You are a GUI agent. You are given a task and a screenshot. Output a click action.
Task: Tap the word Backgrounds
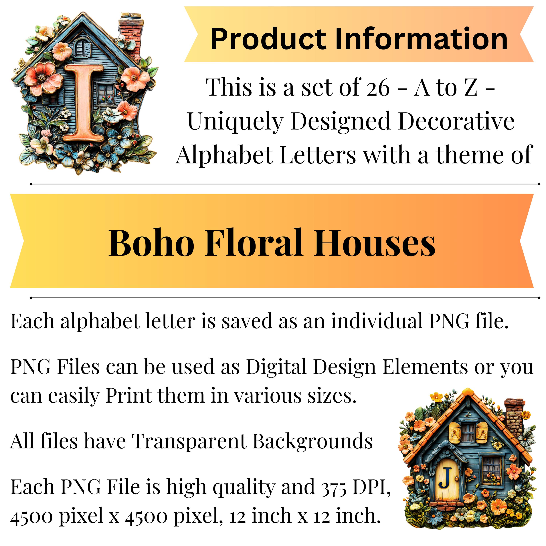tap(312, 441)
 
